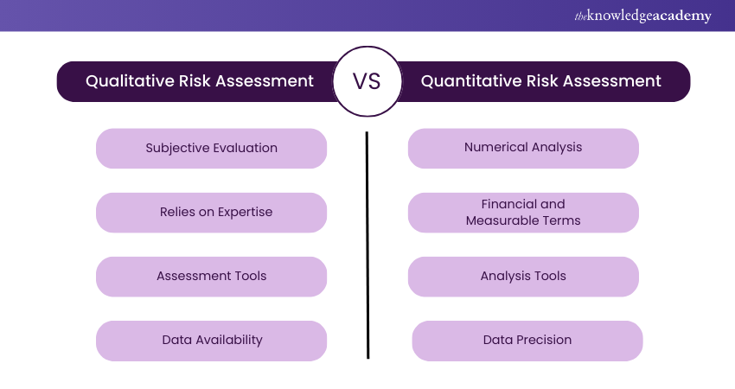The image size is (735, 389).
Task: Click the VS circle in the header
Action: [x=367, y=81]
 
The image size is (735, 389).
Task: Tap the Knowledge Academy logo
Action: [x=642, y=16]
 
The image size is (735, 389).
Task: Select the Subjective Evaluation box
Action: [x=211, y=148]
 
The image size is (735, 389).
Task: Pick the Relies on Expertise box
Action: [x=211, y=213]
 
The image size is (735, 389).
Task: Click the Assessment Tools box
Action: [x=211, y=277]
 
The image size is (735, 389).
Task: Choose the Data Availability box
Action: [x=211, y=341]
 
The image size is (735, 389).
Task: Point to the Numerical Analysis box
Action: [x=523, y=148]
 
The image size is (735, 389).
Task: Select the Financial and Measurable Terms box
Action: [x=523, y=213]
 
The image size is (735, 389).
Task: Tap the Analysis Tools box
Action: [x=523, y=277]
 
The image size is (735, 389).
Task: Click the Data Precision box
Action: [x=527, y=341]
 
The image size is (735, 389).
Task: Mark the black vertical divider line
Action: [x=367, y=246]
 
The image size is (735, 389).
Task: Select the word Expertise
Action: [x=246, y=212]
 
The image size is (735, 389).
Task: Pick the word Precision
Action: [x=544, y=340]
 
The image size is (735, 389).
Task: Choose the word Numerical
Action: [x=491, y=147]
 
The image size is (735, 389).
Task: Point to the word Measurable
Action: [x=499, y=220]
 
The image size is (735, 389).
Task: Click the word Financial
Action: [x=502, y=204]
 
